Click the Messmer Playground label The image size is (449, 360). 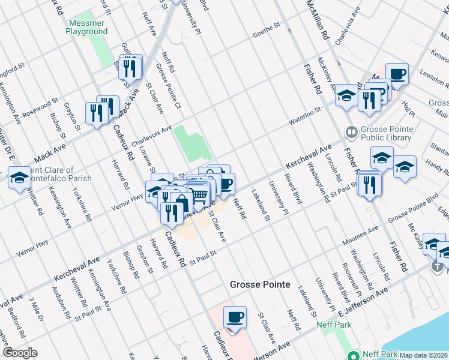(88, 27)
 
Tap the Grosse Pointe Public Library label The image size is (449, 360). (387, 133)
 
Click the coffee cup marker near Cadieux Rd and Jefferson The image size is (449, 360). (235, 317)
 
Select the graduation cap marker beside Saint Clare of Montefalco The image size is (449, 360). (19, 178)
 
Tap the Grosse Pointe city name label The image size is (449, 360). (260, 284)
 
